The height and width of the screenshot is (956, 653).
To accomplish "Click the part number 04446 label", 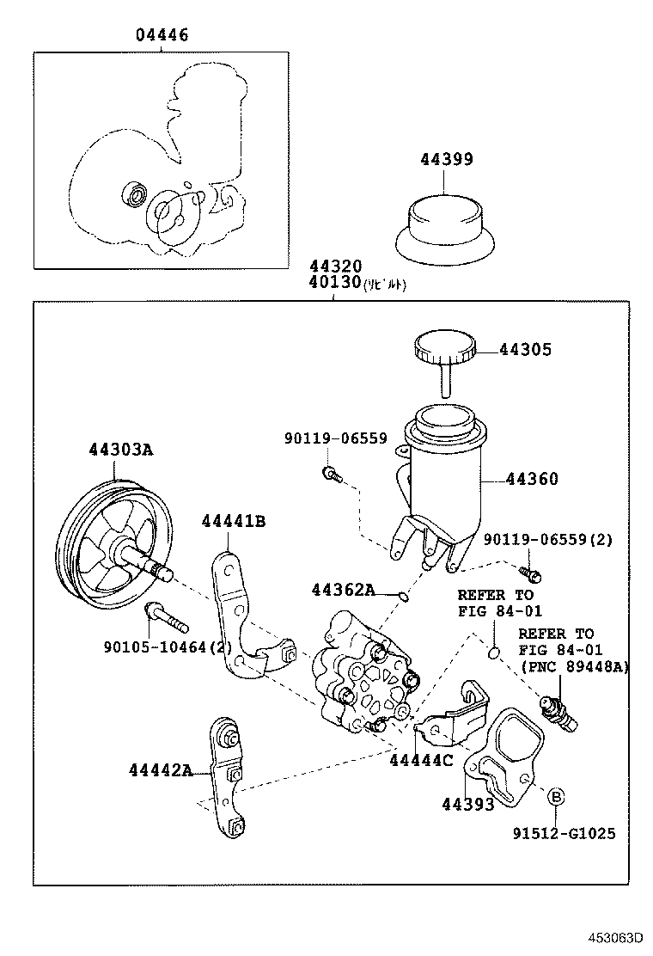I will pyautogui.click(x=162, y=35).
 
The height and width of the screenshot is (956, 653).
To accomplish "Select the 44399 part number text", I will pyautogui.click(x=446, y=159).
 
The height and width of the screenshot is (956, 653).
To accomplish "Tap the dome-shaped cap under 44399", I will pyautogui.click(x=446, y=225).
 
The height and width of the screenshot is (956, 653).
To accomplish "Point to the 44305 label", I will pyautogui.click(x=526, y=350).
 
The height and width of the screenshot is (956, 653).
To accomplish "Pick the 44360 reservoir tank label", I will pyautogui.click(x=532, y=479).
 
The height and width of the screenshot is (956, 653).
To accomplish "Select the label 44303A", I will pyautogui.click(x=120, y=450).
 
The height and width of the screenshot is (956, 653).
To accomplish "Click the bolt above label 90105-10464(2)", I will pyautogui.click(x=166, y=616).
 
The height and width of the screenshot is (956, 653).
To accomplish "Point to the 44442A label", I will pyautogui.click(x=162, y=769).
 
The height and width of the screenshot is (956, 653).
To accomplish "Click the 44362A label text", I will pyautogui.click(x=343, y=590).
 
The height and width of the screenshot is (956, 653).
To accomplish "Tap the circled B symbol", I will pyautogui.click(x=555, y=797).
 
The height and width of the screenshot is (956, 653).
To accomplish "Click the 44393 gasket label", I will pyautogui.click(x=468, y=804).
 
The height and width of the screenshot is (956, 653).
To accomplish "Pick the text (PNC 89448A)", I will pyautogui.click(x=573, y=665).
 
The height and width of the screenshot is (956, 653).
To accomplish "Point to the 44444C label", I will pyautogui.click(x=421, y=760).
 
